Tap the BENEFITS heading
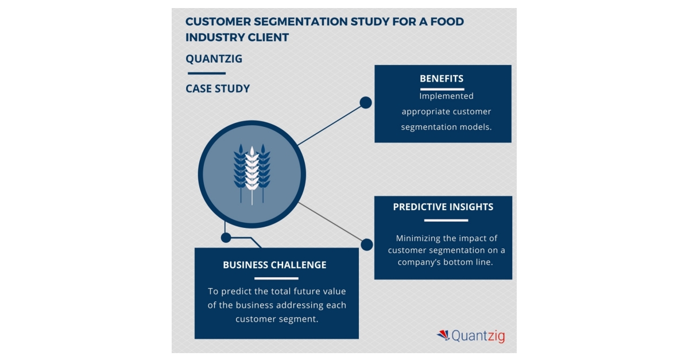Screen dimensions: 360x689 pos(442,79)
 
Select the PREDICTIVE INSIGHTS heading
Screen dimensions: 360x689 pos(443,207)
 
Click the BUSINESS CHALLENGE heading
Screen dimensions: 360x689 pos(274,265)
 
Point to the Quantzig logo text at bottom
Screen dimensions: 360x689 pos(478,336)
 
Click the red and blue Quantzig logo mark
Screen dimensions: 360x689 pos(443,335)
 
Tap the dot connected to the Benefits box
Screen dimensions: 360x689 pos(366,103)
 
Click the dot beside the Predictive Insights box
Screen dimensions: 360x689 pos(367,245)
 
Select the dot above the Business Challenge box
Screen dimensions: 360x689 pos(226,237)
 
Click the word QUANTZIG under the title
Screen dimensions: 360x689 pos(214,59)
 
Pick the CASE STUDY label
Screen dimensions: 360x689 pos(218,89)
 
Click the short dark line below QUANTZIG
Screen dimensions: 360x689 pos(206,73)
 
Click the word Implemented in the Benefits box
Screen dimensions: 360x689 pos(446,96)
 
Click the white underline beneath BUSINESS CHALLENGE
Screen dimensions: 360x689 pos(276,278)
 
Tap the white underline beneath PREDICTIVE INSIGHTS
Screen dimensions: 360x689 pos(446,220)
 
